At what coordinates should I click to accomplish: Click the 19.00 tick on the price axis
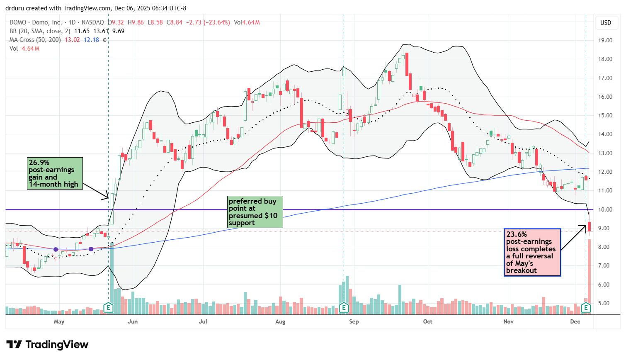tap(606, 40)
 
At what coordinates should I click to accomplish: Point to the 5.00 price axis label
tap(606, 303)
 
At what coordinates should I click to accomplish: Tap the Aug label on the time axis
tap(280, 321)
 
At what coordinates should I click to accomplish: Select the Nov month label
tap(508, 321)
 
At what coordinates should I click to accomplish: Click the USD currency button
tap(606, 22)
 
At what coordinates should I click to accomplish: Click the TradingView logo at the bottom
tap(47, 345)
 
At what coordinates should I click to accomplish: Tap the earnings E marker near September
tap(343, 307)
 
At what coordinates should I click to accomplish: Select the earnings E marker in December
tap(586, 307)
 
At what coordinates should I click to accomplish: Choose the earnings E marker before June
tap(108, 307)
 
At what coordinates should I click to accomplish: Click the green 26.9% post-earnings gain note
tap(55, 173)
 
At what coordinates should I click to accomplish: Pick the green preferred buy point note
tap(255, 212)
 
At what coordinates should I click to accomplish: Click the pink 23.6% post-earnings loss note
tap(532, 252)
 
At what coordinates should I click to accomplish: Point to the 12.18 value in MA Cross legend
tap(92, 40)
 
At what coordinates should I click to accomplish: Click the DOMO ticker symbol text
tap(18, 22)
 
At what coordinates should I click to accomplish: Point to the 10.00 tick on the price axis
tap(606, 209)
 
